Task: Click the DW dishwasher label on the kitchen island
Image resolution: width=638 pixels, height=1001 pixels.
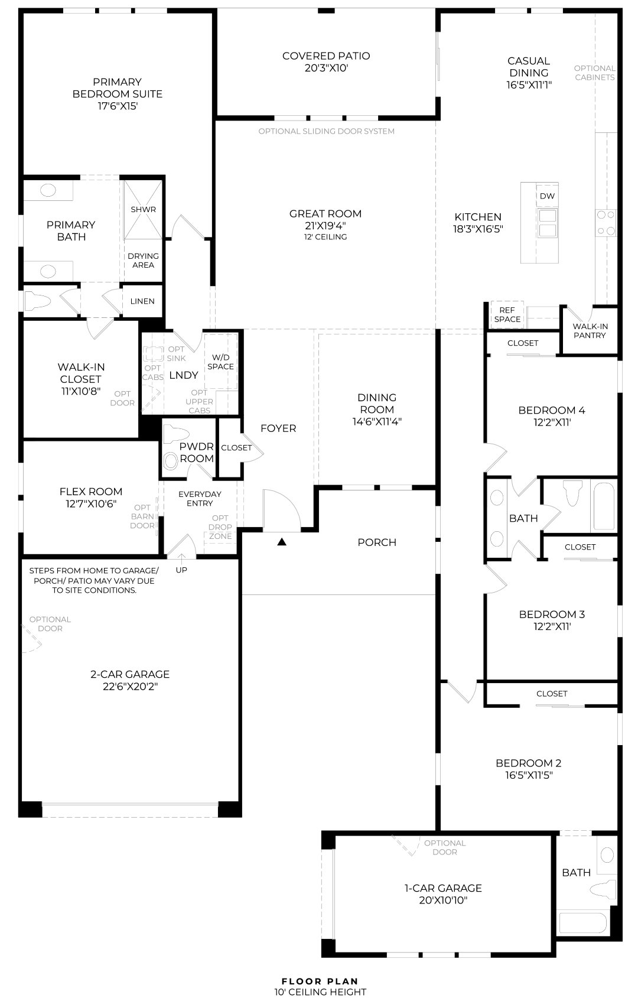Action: click(x=547, y=196)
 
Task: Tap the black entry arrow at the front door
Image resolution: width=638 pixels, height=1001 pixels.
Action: click(x=281, y=542)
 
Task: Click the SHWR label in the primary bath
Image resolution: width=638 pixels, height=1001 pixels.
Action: click(x=143, y=209)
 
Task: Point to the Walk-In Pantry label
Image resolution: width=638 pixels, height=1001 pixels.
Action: click(x=590, y=331)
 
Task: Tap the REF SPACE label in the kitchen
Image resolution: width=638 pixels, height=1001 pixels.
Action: click(x=507, y=314)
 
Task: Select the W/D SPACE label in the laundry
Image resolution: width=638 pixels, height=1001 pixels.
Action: click(x=220, y=362)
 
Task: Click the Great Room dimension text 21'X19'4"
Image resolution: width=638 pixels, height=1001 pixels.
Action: click(x=325, y=226)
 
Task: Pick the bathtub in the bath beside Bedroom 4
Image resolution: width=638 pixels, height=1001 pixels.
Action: click(x=604, y=505)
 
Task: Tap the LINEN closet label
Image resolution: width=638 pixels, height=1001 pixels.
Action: click(x=142, y=301)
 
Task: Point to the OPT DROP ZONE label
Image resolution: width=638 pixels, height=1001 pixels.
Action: click(x=220, y=527)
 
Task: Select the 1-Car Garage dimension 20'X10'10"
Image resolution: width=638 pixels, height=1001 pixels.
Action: click(x=443, y=900)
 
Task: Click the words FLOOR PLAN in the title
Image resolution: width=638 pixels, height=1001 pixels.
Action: click(x=320, y=981)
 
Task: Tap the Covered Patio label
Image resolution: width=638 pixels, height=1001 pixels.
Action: click(x=326, y=56)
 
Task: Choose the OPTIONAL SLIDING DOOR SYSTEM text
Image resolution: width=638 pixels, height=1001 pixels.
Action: click(x=327, y=131)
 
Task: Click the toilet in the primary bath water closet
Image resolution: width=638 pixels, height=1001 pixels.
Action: click(x=37, y=301)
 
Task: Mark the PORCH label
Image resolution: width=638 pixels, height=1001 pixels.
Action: click(x=377, y=542)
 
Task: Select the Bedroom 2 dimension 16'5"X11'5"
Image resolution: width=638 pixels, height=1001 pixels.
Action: click(x=529, y=775)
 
